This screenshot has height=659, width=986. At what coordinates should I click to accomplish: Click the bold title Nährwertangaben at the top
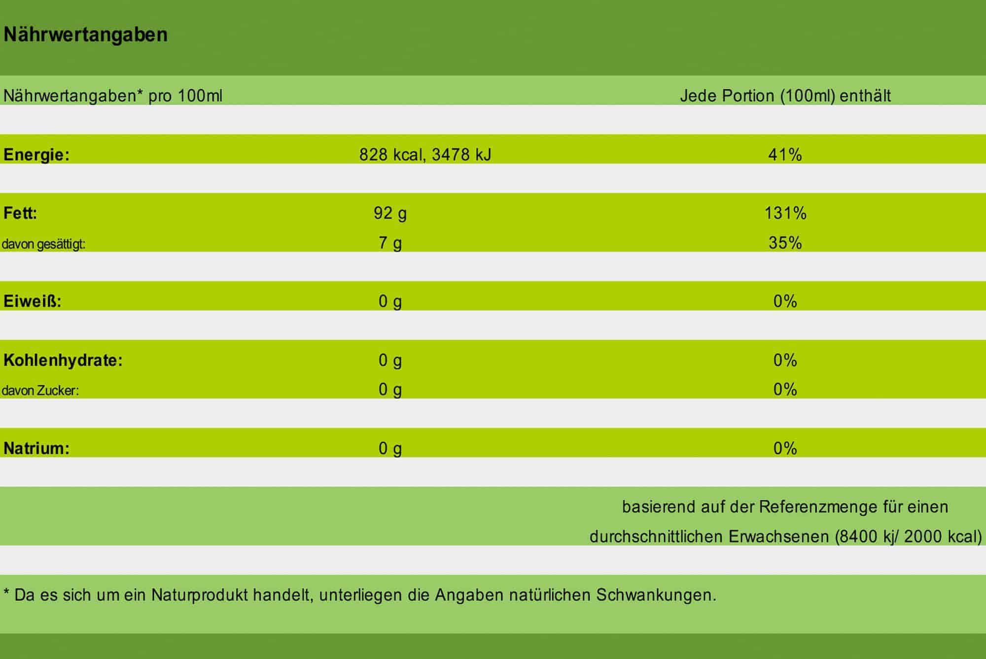pyautogui.click(x=85, y=35)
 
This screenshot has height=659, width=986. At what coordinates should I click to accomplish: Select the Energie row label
pyautogui.click(x=36, y=155)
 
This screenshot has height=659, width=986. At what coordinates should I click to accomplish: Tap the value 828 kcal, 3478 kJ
pyautogui.click(x=425, y=155)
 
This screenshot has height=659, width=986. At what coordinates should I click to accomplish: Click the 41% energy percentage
pyautogui.click(x=785, y=155)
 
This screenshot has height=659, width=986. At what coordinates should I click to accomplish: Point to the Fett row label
pyautogui.click(x=20, y=213)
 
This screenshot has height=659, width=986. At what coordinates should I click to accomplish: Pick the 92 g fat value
pyautogui.click(x=390, y=213)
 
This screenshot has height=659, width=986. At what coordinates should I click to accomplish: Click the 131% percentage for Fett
pyautogui.click(x=785, y=213)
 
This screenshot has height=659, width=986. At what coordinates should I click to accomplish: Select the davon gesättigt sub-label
pyautogui.click(x=43, y=244)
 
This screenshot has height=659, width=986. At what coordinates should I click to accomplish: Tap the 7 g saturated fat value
pyautogui.click(x=390, y=243)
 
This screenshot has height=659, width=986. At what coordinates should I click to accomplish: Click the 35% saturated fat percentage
pyautogui.click(x=785, y=243)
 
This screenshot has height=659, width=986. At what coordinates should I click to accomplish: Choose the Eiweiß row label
pyautogui.click(x=32, y=301)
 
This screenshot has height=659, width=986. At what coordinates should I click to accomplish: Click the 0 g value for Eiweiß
pyautogui.click(x=390, y=301)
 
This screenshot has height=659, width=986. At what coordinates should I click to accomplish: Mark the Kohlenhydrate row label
pyautogui.click(x=63, y=360)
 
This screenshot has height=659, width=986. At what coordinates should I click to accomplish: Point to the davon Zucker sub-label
pyautogui.click(x=40, y=391)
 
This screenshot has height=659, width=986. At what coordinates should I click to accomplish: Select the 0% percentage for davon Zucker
pyautogui.click(x=785, y=390)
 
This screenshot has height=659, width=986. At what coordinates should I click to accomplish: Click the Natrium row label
pyautogui.click(x=36, y=449)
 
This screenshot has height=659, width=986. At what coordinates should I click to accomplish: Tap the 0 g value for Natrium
pyautogui.click(x=390, y=449)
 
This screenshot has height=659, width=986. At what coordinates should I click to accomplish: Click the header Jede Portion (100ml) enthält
pyautogui.click(x=785, y=96)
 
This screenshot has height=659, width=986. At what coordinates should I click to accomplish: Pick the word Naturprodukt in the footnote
pyautogui.click(x=199, y=595)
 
